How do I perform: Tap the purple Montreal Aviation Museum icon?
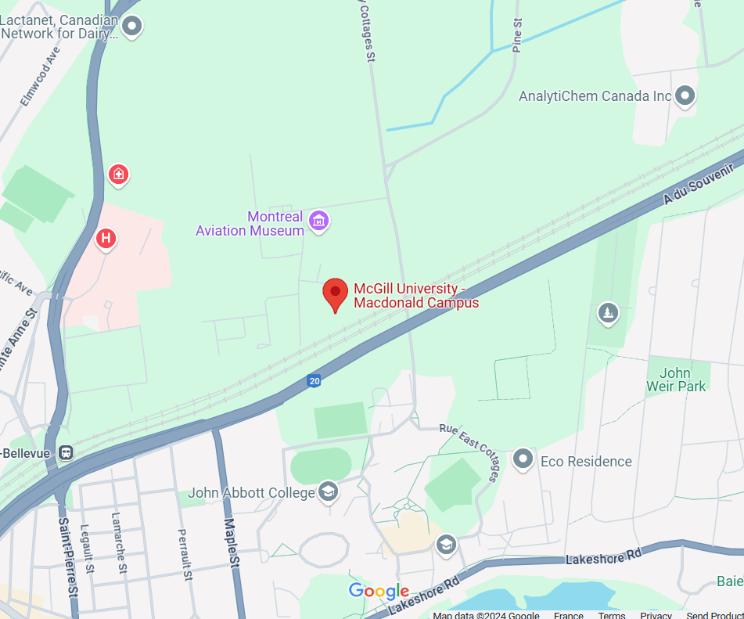coord(318,221)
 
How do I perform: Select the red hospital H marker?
coord(106,238)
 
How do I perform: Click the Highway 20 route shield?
coord(314,381)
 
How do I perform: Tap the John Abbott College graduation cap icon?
coord(329,492)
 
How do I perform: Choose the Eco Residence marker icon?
coord(523,459)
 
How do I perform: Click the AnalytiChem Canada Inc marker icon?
coord(685,95)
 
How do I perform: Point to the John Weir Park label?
coord(676,380)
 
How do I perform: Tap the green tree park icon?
coord(607,314)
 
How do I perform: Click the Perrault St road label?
coord(185,554)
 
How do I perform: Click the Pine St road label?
coord(516,35)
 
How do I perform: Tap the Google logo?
coord(379,592)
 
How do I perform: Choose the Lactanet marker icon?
coord(132,27)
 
